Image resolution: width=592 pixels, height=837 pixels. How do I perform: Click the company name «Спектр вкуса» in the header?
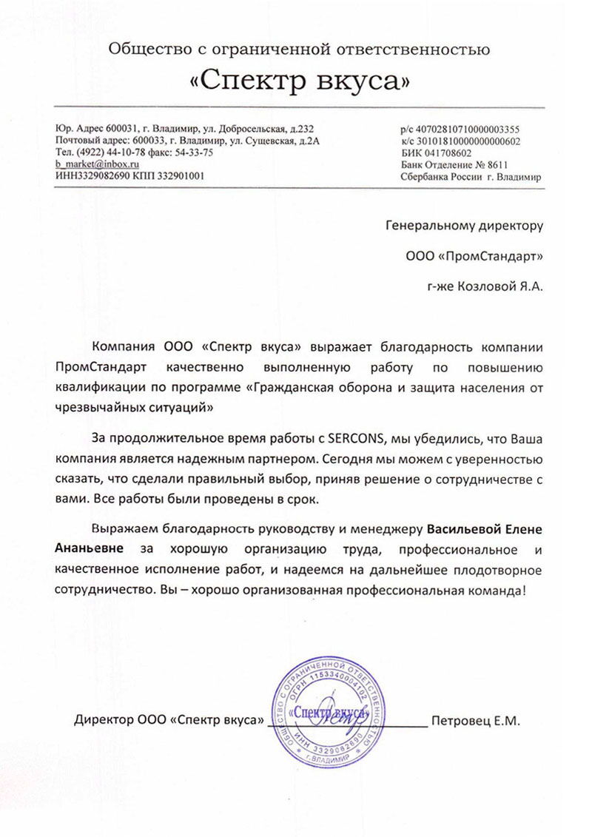tap(299, 81)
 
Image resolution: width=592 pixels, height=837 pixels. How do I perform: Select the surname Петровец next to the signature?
tap(455, 719)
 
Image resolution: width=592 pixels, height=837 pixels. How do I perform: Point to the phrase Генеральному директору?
tap(465, 225)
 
